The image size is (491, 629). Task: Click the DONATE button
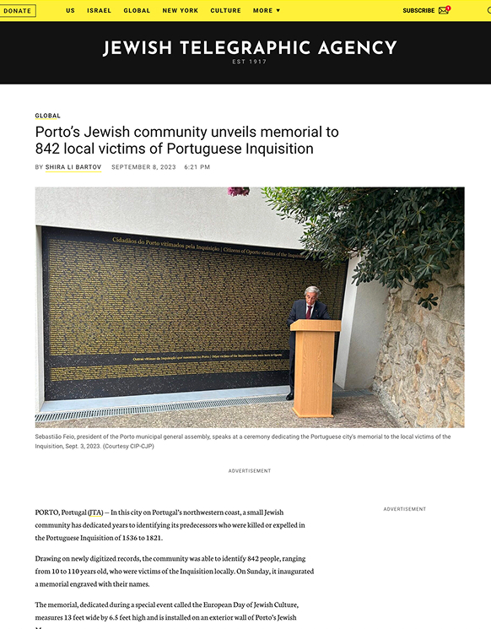[x=18, y=11]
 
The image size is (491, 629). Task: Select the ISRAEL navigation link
[x=99, y=11]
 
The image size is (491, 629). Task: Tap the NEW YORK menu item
[x=181, y=11]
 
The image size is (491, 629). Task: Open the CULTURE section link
[x=225, y=11]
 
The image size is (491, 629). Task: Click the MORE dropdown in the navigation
[x=267, y=11]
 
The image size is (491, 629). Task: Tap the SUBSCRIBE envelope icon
[x=444, y=11]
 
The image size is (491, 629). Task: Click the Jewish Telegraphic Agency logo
[x=250, y=48]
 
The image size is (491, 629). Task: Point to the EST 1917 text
[x=250, y=62]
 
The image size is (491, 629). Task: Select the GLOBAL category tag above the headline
[x=47, y=116]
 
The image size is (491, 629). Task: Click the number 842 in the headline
[x=50, y=149]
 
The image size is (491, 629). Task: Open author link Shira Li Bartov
[x=73, y=167]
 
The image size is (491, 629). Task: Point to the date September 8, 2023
[x=143, y=167]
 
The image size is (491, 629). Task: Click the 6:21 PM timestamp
[x=197, y=167]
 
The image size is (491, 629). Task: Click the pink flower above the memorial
[x=238, y=192]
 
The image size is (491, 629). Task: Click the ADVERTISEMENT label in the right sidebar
[x=405, y=509]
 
